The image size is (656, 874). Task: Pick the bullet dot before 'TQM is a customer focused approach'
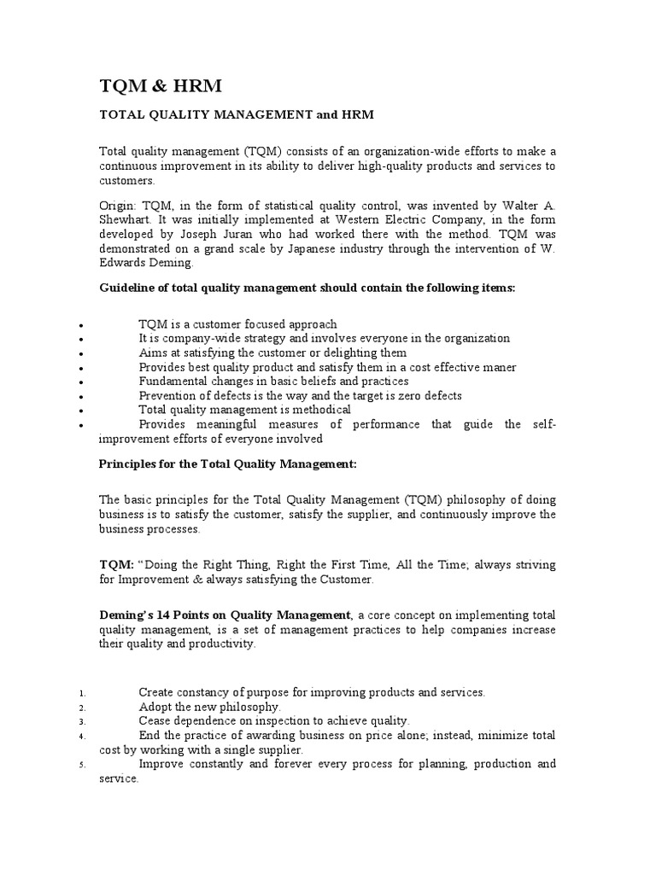(x=79, y=326)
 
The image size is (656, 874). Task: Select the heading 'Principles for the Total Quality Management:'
(x=227, y=463)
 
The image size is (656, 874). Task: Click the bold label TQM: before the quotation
(x=116, y=565)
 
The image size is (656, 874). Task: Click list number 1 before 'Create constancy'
(x=79, y=693)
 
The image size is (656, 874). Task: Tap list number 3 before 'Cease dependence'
(x=79, y=721)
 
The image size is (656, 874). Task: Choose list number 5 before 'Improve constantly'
(x=79, y=765)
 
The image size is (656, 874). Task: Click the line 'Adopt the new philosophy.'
(x=209, y=707)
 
